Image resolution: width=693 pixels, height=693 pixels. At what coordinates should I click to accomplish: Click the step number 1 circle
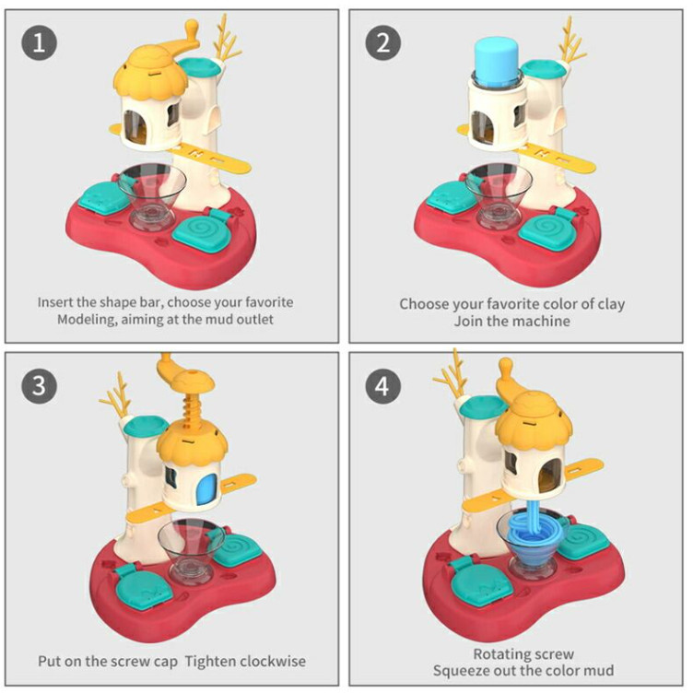coord(39,42)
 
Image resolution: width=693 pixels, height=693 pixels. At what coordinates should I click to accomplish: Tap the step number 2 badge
coord(382,42)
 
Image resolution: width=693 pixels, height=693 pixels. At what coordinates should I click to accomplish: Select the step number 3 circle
coord(39,384)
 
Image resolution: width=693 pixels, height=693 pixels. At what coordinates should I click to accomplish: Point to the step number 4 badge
coord(382,385)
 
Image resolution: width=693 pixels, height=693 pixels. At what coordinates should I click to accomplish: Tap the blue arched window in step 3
coord(206,489)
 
